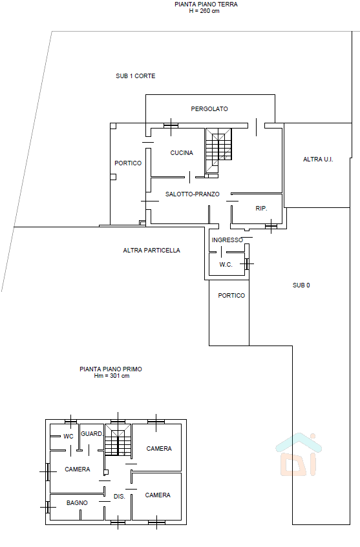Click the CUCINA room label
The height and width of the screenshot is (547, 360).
click(182, 153)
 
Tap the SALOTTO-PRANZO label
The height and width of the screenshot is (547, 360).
click(193, 194)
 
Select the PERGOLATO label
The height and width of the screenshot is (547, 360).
click(209, 109)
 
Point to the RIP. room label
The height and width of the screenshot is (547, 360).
click(261, 208)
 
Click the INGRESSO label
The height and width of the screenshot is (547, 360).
click(228, 240)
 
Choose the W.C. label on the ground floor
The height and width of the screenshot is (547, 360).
click(226, 265)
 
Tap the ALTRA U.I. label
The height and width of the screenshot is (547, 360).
click(318, 160)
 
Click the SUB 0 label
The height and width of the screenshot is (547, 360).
click(301, 285)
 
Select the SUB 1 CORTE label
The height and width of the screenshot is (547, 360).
click(136, 76)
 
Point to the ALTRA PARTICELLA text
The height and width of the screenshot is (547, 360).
click(151, 251)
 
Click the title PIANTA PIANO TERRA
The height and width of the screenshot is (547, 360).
click(206, 5)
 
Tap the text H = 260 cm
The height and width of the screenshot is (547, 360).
click(204, 11)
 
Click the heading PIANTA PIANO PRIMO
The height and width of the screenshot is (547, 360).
click(111, 369)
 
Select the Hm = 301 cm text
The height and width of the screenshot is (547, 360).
click(112, 376)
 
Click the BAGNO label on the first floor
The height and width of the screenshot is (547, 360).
click(77, 503)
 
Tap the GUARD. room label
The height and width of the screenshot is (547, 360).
click(92, 434)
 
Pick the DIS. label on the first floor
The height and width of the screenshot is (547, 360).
click(120, 497)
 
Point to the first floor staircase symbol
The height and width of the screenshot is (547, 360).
click(118, 440)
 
